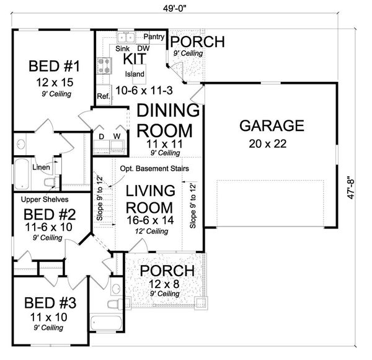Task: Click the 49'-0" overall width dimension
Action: pos(175,8)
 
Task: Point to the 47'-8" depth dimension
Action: pos(351,187)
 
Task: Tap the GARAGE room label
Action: pos(272,125)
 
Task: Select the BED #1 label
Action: pos(55,66)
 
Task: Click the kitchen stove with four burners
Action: pos(104,66)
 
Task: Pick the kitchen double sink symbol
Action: pos(126,37)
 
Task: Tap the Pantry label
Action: pos(154,37)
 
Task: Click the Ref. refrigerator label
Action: pos(104,96)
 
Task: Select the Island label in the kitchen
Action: pos(135,74)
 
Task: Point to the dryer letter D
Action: pos(101,137)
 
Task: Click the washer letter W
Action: pos(117,137)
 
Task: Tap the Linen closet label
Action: pos(41,167)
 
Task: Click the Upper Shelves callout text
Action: pos(45,199)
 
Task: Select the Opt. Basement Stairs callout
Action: pos(154,169)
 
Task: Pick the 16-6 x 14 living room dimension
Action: pos(150,220)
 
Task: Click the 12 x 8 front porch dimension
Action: pos(164,284)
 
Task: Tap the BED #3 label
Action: pos(50,303)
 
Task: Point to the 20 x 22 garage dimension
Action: pos(268,144)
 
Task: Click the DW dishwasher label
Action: pos(144,48)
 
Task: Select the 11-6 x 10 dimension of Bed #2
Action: pos(48,227)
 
